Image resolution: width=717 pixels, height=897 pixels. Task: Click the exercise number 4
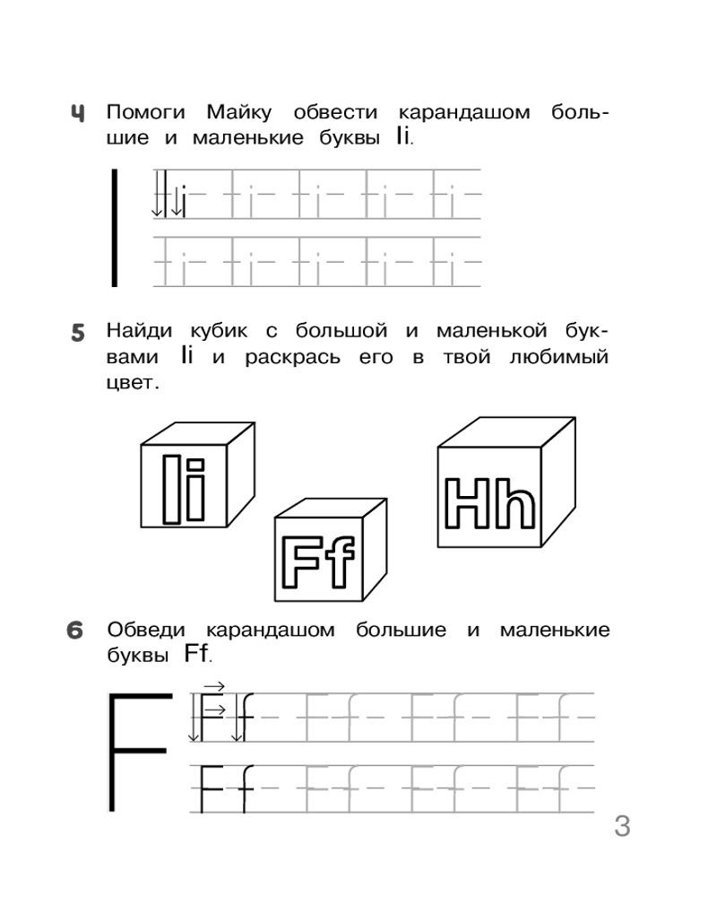click(x=79, y=114)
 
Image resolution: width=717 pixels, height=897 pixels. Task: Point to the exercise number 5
click(x=78, y=334)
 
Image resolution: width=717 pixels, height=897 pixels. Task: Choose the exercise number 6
click(x=78, y=631)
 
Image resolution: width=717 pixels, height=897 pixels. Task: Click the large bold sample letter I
click(x=114, y=228)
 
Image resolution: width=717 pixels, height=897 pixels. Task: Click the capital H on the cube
click(x=471, y=504)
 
